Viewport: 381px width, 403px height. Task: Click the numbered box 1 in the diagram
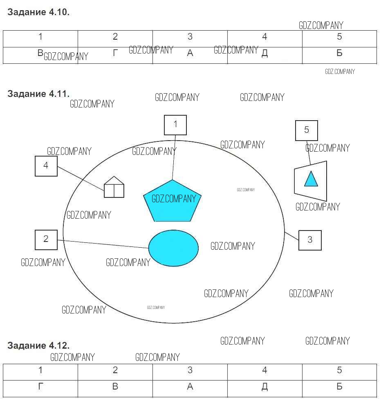[x=175, y=125]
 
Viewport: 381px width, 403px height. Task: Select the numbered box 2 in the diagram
[x=46, y=240]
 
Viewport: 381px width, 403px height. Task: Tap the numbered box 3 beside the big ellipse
[x=310, y=240]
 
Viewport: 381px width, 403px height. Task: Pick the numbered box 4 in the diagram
[x=46, y=166]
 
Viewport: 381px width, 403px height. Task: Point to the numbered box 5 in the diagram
[x=307, y=130]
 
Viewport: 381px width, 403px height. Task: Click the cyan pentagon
[x=172, y=201]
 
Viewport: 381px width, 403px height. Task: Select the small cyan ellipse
[x=173, y=248]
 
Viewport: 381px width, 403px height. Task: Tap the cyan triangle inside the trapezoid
[x=311, y=179]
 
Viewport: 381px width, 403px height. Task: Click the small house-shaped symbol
[x=114, y=187]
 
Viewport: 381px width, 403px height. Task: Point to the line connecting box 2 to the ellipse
[x=103, y=244]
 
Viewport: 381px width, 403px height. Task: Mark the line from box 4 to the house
[x=81, y=179]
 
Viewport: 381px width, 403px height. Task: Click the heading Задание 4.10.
[x=38, y=12]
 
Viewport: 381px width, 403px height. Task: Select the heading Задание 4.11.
[x=38, y=94]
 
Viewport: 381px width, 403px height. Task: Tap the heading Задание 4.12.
[x=38, y=345]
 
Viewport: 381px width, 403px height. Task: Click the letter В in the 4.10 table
[x=40, y=53]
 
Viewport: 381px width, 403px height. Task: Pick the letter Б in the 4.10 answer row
[x=339, y=53]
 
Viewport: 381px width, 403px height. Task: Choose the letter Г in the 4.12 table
[x=40, y=386]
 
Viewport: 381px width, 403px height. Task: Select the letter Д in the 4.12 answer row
[x=264, y=387]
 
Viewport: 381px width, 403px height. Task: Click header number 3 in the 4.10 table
[x=190, y=36]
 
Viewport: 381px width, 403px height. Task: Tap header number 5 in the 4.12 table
[x=339, y=370]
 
